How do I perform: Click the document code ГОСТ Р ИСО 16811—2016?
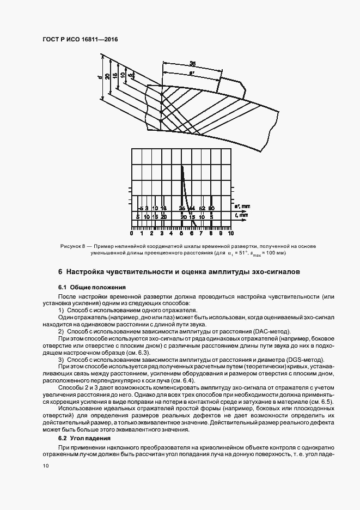pyautogui.click(x=80, y=40)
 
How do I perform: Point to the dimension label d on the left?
pyautogui.click(x=100, y=77)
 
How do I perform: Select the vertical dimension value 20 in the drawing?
pyautogui.click(x=107, y=76)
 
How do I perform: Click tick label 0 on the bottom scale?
pyautogui.click(x=132, y=233)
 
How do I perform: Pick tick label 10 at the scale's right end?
pyautogui.click(x=230, y=233)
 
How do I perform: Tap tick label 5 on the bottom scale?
pyautogui.click(x=181, y=233)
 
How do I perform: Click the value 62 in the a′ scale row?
pyautogui.click(x=202, y=209)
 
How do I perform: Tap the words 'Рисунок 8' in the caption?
pyautogui.click(x=72, y=246)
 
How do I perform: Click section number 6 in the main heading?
pyautogui.click(x=60, y=271)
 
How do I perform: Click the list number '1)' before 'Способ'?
pyautogui.click(x=61, y=310)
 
